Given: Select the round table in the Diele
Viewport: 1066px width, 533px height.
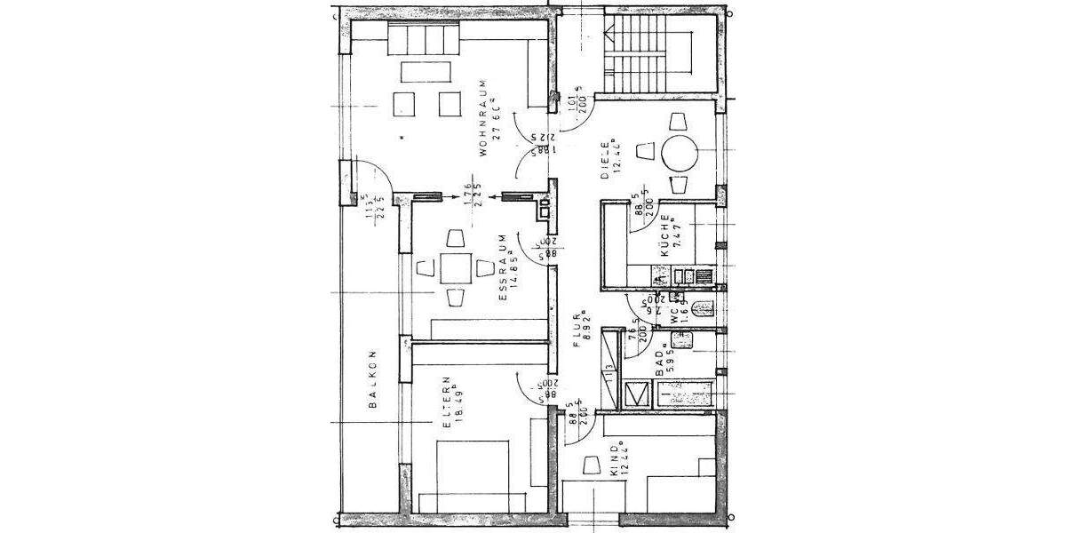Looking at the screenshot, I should point(680,155).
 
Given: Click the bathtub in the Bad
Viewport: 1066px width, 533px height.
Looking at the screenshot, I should point(684,394).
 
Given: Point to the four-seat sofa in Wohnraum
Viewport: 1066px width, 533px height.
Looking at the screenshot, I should point(425,40).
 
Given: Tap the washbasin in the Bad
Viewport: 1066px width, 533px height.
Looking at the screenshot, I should point(682,339).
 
